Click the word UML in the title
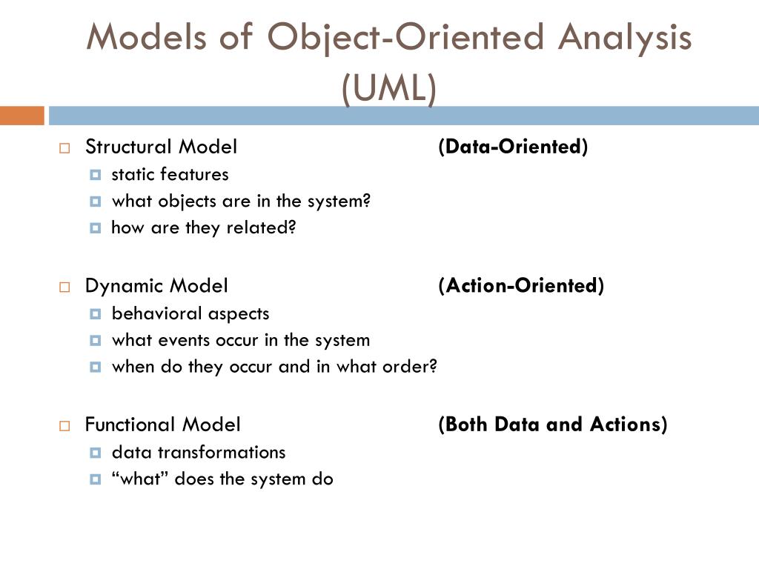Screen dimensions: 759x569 (x=389, y=89)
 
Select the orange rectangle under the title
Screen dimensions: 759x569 (x=21, y=116)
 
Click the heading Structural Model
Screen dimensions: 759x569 (x=161, y=147)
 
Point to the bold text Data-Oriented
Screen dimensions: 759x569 (x=513, y=147)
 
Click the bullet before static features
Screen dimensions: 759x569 (x=95, y=175)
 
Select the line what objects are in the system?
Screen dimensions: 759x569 (x=240, y=201)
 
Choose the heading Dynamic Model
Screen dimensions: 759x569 (x=156, y=285)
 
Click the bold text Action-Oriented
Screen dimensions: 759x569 (x=521, y=285)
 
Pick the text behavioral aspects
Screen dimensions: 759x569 (x=190, y=313)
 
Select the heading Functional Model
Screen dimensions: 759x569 (x=162, y=425)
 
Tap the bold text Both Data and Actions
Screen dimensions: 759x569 (x=552, y=425)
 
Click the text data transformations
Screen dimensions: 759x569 (x=198, y=452)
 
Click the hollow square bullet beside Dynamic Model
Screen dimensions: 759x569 (x=64, y=287)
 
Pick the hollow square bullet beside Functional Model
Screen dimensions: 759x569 (x=64, y=426)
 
